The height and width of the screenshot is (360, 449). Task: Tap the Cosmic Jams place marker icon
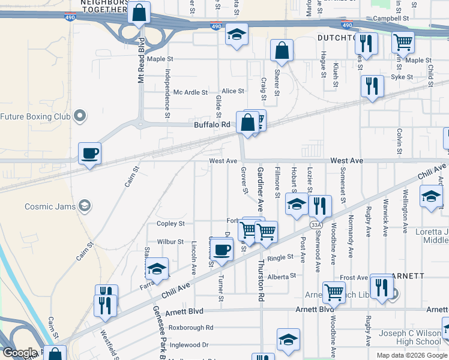pyautogui.click(x=85, y=206)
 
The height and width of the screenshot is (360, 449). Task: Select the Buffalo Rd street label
pyautogui.click(x=212, y=125)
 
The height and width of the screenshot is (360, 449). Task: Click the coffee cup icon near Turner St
pyautogui.click(x=221, y=249)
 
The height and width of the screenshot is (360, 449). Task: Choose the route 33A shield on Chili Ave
pyautogui.click(x=316, y=224)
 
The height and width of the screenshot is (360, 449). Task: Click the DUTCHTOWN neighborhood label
pyautogui.click(x=336, y=37)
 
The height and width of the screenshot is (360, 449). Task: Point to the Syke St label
pyautogui.click(x=402, y=77)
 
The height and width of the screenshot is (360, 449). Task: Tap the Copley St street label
pyautogui.click(x=170, y=224)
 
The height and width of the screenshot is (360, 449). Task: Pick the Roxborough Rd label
pyautogui.click(x=191, y=328)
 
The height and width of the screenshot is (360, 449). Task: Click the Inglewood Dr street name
pyautogui.click(x=188, y=345)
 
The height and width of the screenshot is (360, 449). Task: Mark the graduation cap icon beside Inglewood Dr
pyautogui.click(x=288, y=339)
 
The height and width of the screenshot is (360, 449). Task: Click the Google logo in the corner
pyautogui.click(x=19, y=353)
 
